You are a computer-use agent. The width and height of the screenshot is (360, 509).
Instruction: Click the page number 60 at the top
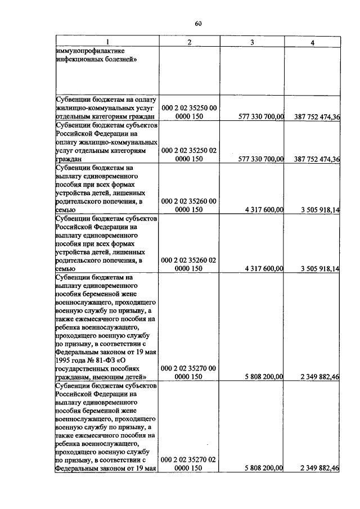(x=198, y=24)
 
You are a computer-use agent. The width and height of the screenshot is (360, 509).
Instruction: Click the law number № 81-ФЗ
(x=94, y=359)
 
